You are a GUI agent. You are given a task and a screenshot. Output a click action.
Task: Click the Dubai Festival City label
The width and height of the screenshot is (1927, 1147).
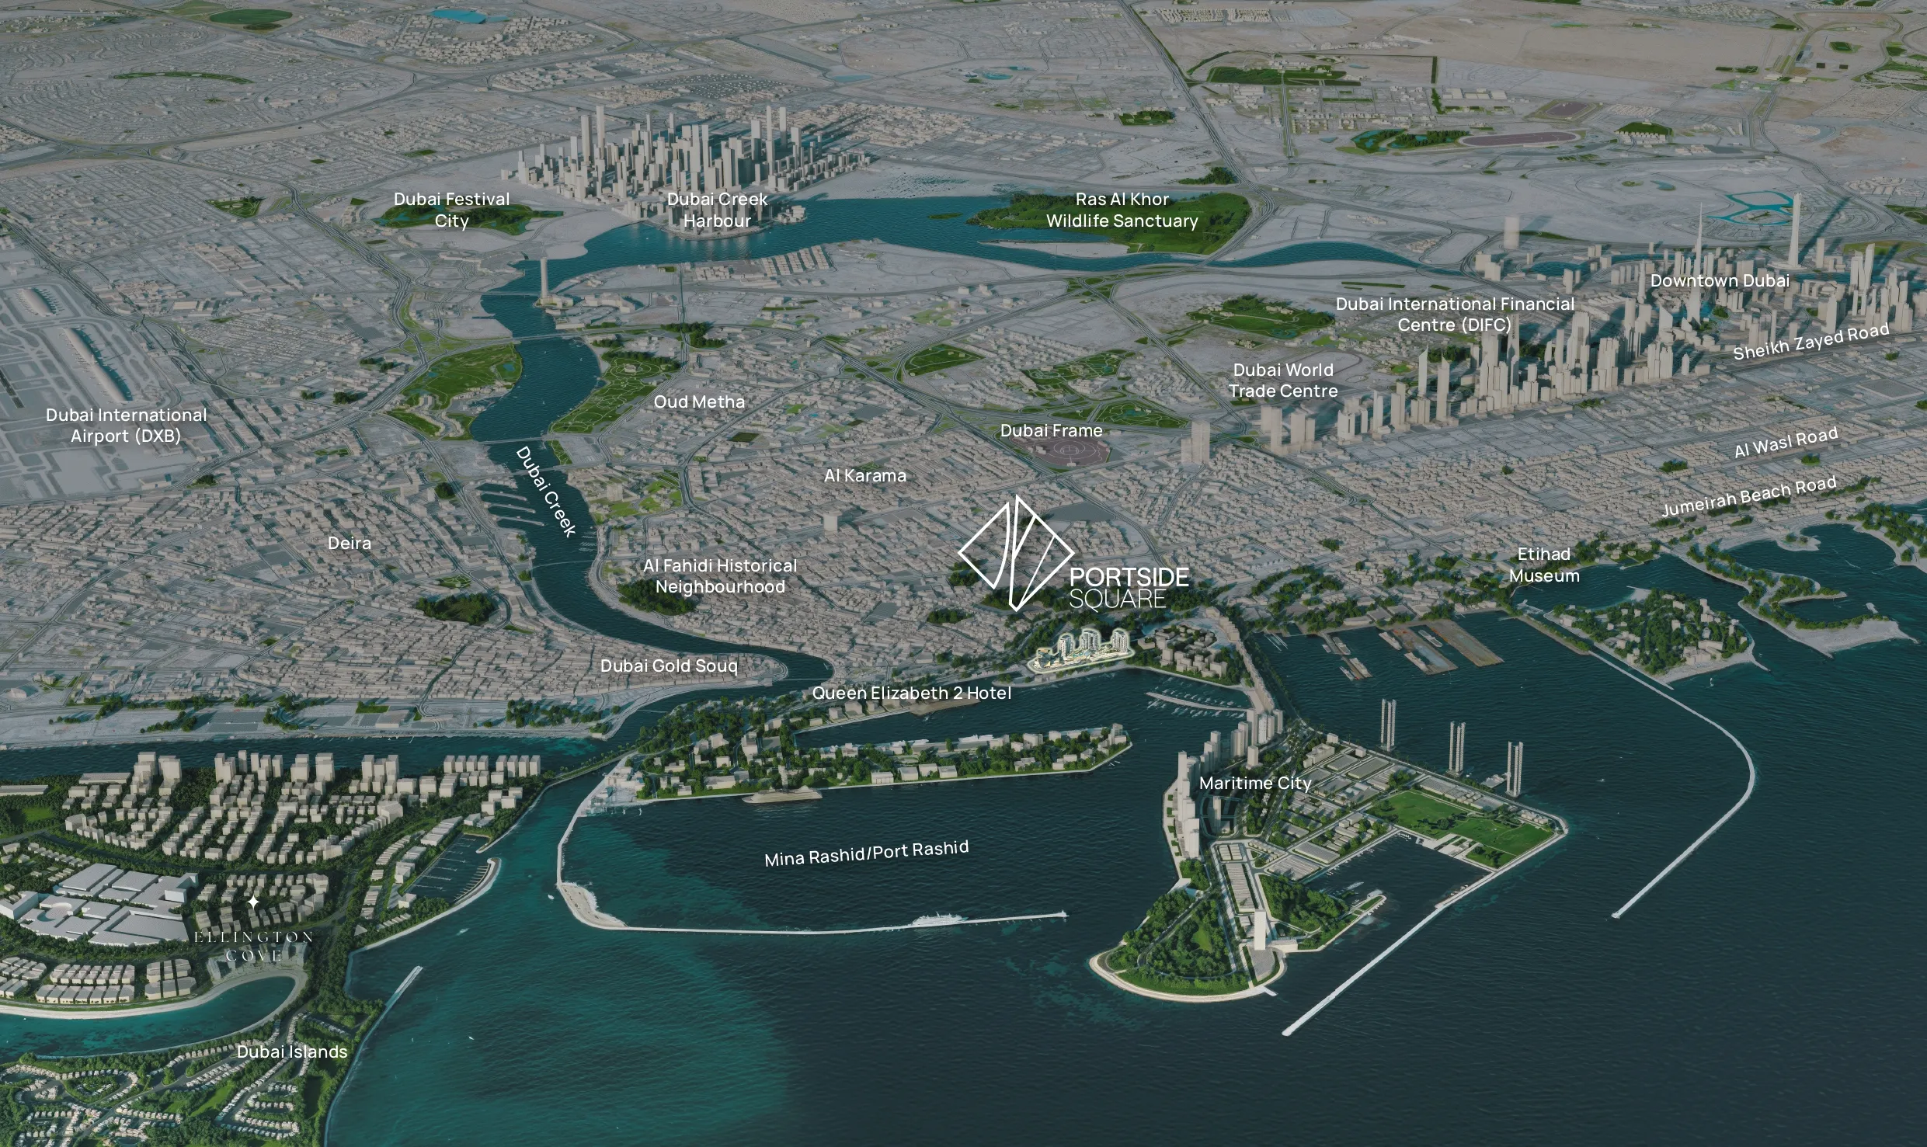point(451,210)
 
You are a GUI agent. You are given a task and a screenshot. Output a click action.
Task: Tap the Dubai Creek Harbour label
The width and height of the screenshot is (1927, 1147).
point(717,210)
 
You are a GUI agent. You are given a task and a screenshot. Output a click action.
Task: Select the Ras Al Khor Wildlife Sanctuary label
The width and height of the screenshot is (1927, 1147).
point(1122,210)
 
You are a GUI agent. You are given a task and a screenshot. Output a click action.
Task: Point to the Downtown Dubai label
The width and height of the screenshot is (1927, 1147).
point(1720,280)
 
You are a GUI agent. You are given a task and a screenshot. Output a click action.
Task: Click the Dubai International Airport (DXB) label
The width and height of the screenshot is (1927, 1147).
point(126,425)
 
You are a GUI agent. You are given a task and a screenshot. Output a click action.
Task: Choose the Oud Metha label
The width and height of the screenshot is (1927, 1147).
point(699,401)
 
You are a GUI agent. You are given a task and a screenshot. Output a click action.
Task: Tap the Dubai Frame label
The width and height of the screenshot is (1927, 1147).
point(1051,430)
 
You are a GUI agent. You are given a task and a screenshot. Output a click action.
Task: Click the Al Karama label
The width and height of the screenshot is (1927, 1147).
point(864,475)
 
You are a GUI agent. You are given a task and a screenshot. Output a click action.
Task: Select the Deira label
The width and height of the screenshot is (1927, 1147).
point(350,543)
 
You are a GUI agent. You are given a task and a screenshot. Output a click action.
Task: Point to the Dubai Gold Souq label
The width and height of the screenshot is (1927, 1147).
point(669,666)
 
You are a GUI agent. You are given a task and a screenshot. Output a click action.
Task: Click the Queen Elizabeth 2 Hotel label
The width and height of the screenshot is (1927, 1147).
point(911,693)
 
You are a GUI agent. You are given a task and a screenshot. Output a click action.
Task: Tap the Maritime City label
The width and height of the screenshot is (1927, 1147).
point(1255,783)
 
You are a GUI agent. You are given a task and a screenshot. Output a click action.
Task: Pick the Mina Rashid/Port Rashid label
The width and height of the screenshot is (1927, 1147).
point(866,853)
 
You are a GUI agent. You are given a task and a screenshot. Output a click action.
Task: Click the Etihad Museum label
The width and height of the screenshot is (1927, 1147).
point(1544,565)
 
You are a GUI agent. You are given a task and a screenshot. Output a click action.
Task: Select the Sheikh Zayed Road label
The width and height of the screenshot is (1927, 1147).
point(1810,342)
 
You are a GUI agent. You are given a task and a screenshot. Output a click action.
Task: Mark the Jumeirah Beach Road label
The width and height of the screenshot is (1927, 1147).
point(1748,496)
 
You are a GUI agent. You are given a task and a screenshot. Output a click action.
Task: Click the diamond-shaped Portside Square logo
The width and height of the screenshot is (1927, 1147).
point(1015,553)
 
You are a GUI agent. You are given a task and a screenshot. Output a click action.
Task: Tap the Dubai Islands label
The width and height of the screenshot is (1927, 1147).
point(292,1051)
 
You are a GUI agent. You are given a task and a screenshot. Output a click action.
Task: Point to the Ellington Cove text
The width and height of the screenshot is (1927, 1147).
point(253,946)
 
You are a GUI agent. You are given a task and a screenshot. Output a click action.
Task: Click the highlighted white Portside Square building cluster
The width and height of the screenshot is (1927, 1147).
point(1082,651)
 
